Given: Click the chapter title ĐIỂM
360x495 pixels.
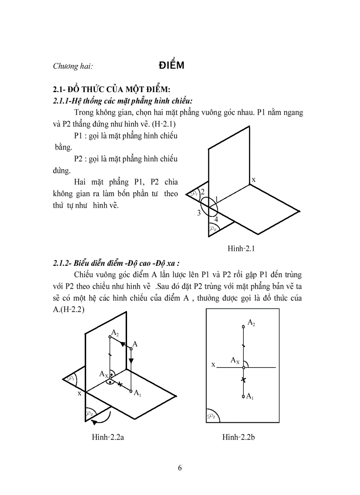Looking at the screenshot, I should (x=171, y=66).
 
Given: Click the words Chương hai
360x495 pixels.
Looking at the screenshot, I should (x=73, y=67).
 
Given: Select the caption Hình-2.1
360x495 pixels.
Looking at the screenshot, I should (x=242, y=249).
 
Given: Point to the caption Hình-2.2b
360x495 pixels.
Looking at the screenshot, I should (x=242, y=437).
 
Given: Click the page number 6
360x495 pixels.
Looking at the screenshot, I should (x=180, y=468).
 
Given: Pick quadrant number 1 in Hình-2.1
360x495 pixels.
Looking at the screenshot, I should (x=217, y=200).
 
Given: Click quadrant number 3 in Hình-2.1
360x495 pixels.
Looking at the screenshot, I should (x=199, y=213).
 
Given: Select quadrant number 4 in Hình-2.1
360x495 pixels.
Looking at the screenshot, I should (x=216, y=219).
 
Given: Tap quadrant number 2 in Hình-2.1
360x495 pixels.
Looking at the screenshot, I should (x=202, y=192).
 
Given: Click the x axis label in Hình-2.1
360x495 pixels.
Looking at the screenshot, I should (x=254, y=179).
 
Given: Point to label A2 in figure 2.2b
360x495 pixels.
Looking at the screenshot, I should (x=251, y=323).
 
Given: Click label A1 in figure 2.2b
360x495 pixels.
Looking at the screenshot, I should (x=250, y=397).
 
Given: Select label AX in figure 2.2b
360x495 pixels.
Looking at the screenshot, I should (x=235, y=361).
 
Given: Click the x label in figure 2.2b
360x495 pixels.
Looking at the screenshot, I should (x=213, y=365).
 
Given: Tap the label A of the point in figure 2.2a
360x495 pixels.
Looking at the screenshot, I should (x=135, y=344).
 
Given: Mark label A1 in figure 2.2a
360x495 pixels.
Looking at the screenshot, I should (x=138, y=393).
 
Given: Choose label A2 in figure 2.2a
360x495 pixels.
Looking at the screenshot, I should (x=115, y=332).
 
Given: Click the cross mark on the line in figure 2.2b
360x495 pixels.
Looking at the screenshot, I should (x=243, y=380).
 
